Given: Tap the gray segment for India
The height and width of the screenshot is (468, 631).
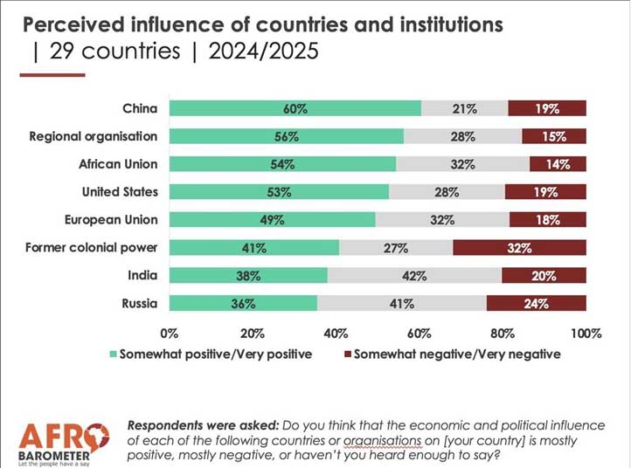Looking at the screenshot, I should point(415,276).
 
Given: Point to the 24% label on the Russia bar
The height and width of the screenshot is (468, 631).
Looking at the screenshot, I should point(536,304).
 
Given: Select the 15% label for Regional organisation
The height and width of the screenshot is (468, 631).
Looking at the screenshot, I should point(553,136).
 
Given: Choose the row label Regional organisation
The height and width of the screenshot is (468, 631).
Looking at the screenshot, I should point(94,136).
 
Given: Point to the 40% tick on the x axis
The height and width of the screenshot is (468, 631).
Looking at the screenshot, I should point(336,334).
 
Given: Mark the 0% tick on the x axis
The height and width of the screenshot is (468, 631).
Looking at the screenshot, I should point(170,334).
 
